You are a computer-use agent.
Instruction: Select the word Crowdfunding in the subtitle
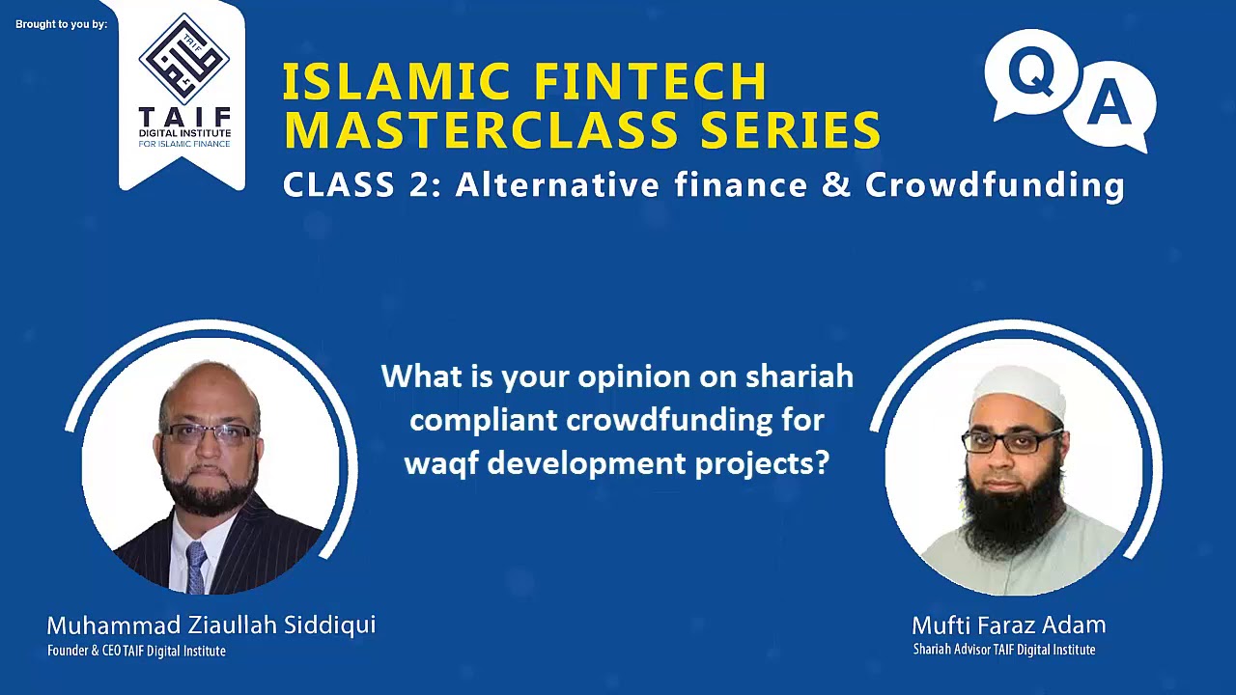[x=995, y=184]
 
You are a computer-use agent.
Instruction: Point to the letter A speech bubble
[x=1109, y=105]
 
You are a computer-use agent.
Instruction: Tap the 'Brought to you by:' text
[x=61, y=24]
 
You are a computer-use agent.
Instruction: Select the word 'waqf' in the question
[x=441, y=463]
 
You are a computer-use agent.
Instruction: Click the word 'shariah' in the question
[x=800, y=376]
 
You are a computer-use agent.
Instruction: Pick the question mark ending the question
[x=822, y=463]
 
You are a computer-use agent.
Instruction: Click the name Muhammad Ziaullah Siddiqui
[x=211, y=625]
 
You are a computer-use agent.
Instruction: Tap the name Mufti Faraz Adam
[x=1008, y=625]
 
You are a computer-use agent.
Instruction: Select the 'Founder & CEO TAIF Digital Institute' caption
[x=136, y=651]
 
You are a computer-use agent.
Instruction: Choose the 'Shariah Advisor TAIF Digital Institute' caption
[x=1004, y=650]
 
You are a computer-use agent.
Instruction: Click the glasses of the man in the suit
[x=209, y=433]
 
